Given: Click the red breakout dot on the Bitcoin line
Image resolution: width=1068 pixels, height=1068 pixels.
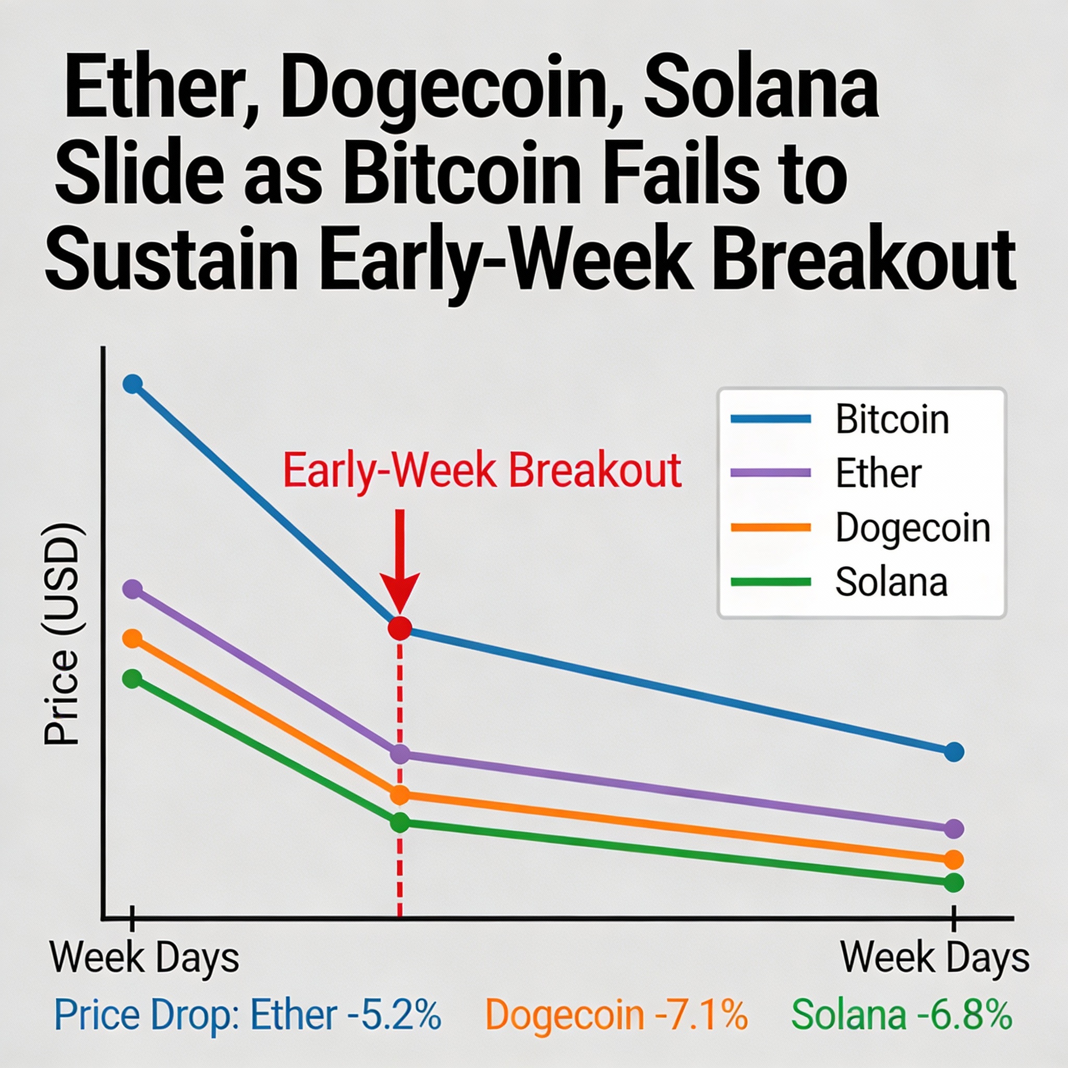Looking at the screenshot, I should click(x=399, y=628).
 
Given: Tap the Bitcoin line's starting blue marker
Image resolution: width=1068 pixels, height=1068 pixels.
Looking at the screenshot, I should click(x=132, y=383).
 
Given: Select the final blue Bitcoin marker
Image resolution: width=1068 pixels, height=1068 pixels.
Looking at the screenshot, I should click(x=954, y=751).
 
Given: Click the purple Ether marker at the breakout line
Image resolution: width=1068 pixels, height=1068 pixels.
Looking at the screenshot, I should click(x=399, y=754).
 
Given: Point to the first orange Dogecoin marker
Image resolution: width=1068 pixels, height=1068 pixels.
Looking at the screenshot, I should click(x=132, y=638).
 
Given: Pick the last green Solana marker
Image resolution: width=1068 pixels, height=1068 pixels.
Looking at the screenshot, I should click(x=954, y=882).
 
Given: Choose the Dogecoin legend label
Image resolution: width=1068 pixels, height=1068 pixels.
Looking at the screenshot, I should click(x=913, y=528).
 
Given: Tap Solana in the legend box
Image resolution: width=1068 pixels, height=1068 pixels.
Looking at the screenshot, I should click(x=891, y=582).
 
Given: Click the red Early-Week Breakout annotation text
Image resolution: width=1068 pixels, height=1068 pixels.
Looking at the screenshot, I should click(x=482, y=471).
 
